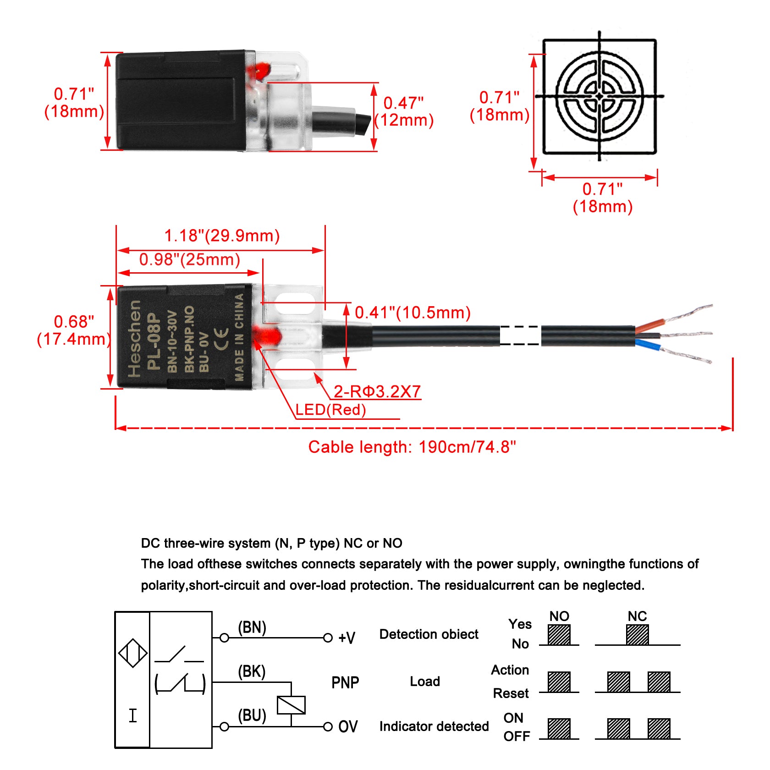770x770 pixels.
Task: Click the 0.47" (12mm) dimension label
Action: coord(404,111)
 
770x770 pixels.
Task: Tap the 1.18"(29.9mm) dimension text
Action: coord(222,236)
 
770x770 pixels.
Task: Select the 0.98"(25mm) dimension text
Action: coord(190,259)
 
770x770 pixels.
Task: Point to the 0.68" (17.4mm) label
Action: coord(74,330)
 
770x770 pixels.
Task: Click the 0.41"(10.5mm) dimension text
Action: coord(412,313)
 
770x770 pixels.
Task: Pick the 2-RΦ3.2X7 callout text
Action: coord(377,391)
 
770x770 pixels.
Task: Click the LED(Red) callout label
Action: coord(330,409)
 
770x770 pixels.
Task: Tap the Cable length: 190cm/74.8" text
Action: coord(412,447)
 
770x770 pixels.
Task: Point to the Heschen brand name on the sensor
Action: coord(134,339)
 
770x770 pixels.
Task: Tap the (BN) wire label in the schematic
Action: coord(252,627)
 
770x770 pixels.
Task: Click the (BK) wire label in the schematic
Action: coord(252,671)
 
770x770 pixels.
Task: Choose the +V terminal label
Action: coord(346,638)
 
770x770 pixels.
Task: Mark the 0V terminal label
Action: coord(347,726)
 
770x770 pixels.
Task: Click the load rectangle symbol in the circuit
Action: coord(291,705)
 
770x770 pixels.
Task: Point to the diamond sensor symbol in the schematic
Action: coord(132,653)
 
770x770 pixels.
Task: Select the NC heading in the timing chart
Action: coord(637,616)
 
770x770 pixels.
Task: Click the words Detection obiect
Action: coord(429,634)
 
